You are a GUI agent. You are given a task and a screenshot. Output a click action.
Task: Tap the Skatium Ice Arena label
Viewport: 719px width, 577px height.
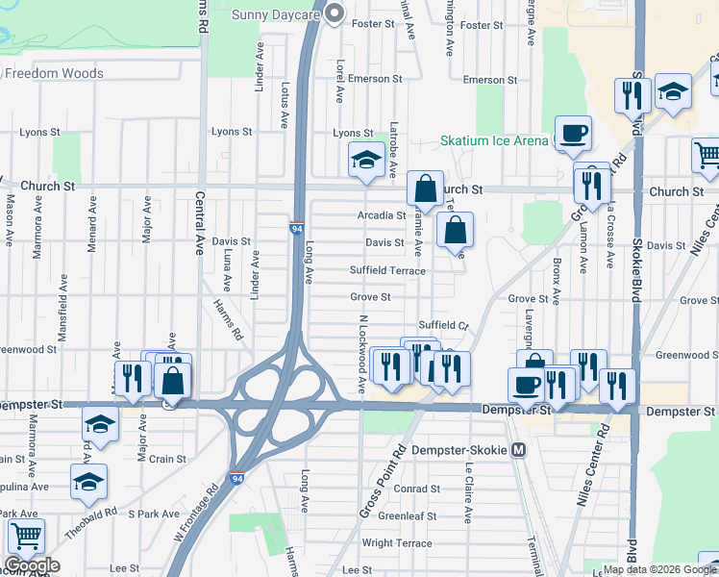coord(494,140)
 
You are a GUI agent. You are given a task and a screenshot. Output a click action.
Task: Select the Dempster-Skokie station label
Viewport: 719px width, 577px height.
coord(459,449)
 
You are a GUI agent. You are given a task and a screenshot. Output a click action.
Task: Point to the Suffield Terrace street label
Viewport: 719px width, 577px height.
coord(387,271)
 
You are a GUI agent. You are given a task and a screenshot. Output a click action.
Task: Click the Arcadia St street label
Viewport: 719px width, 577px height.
coord(382,215)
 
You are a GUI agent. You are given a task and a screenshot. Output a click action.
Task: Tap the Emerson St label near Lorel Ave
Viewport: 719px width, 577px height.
coord(375,79)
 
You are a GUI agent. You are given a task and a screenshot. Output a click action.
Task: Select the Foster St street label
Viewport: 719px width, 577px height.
coord(374,23)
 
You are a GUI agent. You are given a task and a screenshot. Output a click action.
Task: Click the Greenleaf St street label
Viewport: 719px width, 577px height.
coord(409,515)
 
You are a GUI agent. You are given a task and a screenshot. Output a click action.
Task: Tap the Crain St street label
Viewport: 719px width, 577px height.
coord(167,459)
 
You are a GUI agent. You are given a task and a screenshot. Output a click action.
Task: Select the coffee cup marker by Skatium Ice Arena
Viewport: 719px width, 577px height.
coord(573,133)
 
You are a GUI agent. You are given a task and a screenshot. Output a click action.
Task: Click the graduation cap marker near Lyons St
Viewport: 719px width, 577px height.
coord(366,160)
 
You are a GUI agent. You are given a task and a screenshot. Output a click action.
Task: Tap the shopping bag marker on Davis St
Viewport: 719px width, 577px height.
coord(456,230)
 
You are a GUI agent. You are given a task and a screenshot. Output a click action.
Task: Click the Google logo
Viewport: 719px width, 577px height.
coord(32,565)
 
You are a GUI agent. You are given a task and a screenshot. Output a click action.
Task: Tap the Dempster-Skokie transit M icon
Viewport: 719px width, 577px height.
coord(519,449)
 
